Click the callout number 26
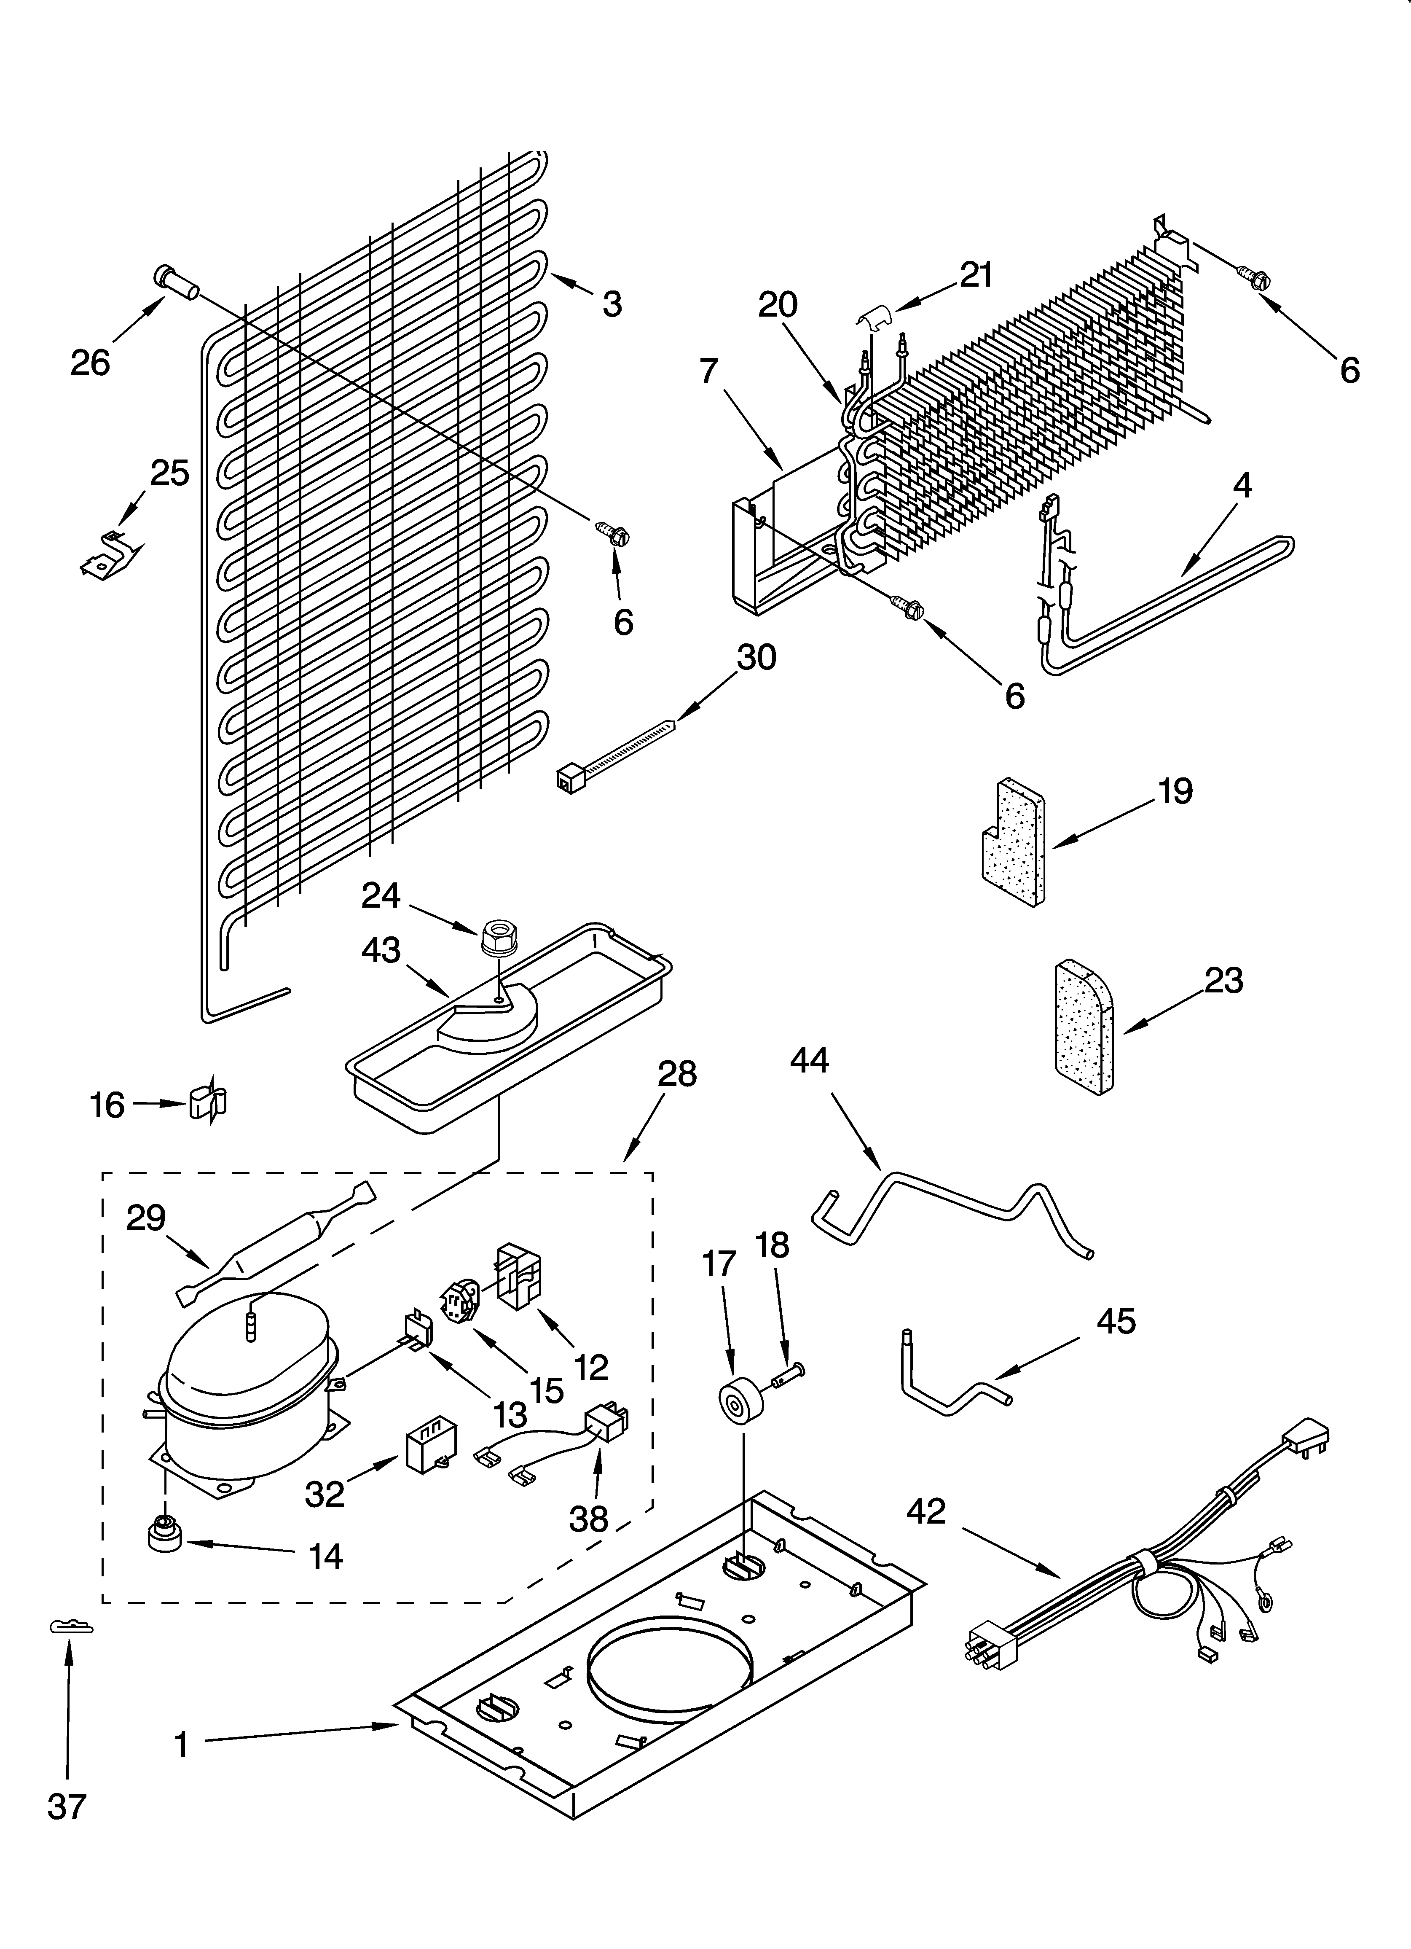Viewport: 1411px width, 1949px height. [90, 363]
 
